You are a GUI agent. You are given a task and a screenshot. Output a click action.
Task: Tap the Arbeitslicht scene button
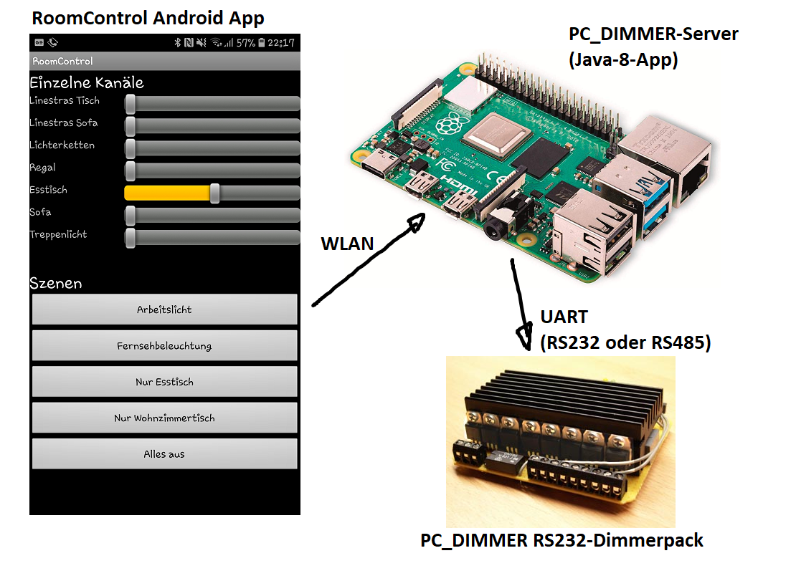(164, 309)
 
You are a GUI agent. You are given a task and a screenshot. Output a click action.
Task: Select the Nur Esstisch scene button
(164, 382)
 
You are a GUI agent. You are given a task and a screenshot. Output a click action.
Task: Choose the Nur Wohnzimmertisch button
(164, 418)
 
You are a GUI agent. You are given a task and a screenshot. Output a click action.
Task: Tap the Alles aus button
(164, 453)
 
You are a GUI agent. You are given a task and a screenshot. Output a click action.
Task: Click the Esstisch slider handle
(214, 193)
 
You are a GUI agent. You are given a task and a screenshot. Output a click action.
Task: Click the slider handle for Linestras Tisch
(131, 104)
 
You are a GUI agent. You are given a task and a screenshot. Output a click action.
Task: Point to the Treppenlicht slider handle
(131, 237)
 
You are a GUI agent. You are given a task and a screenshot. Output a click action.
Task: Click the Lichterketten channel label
(62, 145)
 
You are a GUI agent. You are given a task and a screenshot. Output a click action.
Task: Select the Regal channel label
(42, 168)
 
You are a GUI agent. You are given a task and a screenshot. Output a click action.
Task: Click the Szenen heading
(55, 283)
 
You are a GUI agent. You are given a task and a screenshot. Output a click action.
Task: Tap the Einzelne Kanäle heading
(86, 82)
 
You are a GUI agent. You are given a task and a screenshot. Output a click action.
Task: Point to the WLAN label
(347, 244)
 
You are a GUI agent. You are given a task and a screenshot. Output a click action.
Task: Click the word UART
(564, 317)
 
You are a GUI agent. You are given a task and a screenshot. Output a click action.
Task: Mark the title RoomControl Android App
(148, 18)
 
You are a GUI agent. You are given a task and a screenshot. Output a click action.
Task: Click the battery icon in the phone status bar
(262, 43)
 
